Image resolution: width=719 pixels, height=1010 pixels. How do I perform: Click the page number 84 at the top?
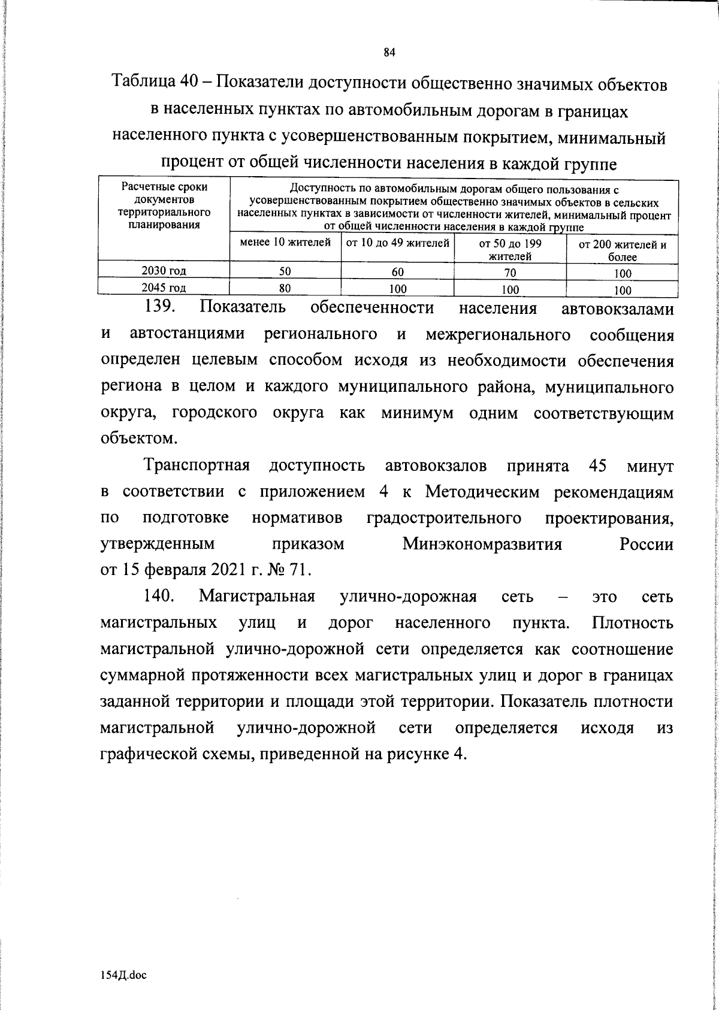pyautogui.click(x=389, y=52)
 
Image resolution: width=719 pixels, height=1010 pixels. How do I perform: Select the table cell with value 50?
pyautogui.click(x=285, y=271)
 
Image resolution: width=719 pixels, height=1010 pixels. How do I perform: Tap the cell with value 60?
pyautogui.click(x=397, y=272)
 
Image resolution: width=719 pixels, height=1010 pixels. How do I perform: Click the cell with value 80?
pyautogui.click(x=285, y=288)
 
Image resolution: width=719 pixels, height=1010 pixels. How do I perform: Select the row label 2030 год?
pyautogui.click(x=163, y=270)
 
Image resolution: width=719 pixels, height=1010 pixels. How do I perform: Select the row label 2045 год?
pyautogui.click(x=163, y=288)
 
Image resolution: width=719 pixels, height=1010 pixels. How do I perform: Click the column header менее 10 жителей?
pyautogui.click(x=285, y=243)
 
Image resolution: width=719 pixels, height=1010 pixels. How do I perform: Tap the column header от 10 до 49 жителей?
pyautogui.click(x=397, y=243)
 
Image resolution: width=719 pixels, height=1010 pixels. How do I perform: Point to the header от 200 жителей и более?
pyautogui.click(x=622, y=251)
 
